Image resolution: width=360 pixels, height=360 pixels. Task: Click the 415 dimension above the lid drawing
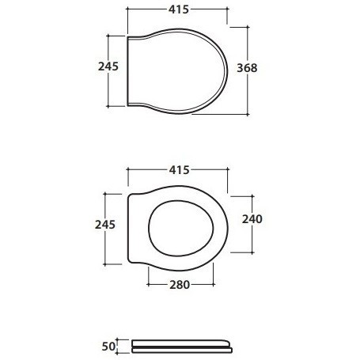point(179,9)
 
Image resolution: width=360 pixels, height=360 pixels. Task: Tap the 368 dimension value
point(247,68)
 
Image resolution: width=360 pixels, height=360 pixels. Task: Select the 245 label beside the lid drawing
point(108,66)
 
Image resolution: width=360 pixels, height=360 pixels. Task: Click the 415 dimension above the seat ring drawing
point(179,170)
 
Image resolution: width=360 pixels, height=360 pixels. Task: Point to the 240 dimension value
point(252,219)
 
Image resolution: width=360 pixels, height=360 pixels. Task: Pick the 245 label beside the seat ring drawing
point(105,225)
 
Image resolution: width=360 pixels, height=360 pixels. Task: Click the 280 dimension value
point(180,285)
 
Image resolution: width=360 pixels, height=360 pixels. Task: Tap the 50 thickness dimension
point(108,347)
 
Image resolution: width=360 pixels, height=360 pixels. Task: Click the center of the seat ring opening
point(180,229)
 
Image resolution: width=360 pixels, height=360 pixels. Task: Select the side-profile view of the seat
point(182,347)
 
